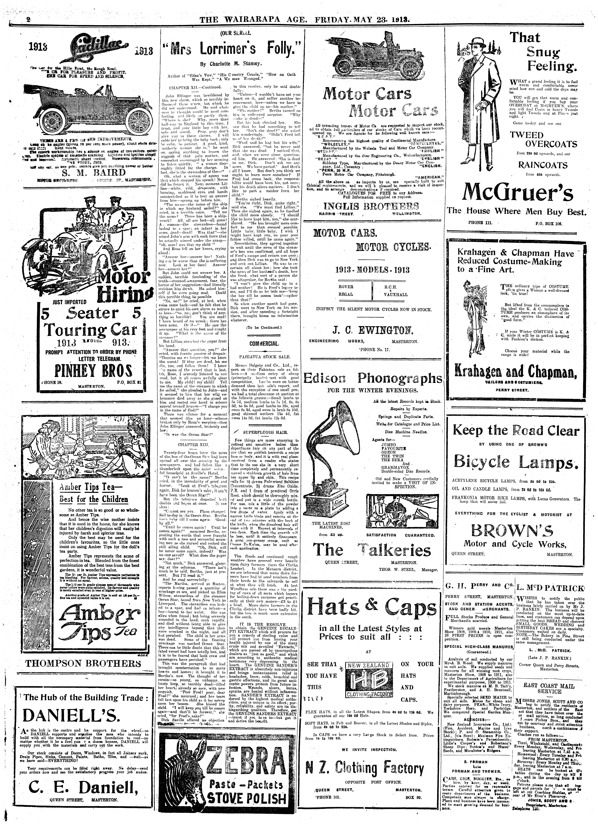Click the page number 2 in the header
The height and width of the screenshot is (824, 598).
click(x=28, y=20)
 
